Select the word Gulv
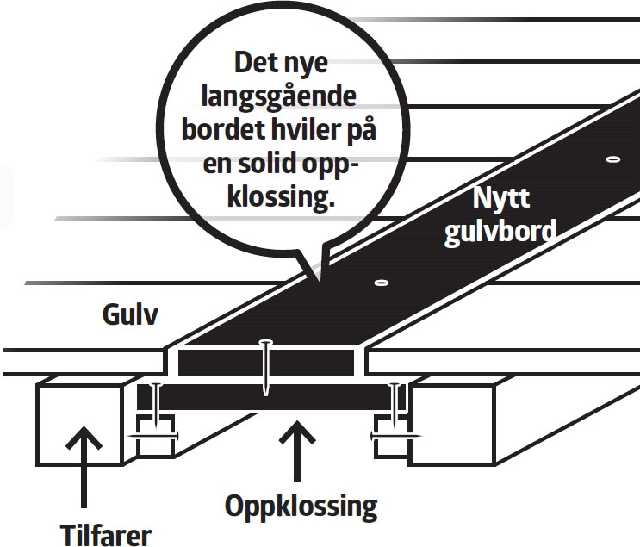(x=127, y=316)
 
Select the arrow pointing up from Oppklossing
(x=296, y=448)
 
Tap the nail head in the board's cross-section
(x=267, y=344)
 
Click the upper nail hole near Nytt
(x=612, y=160)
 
